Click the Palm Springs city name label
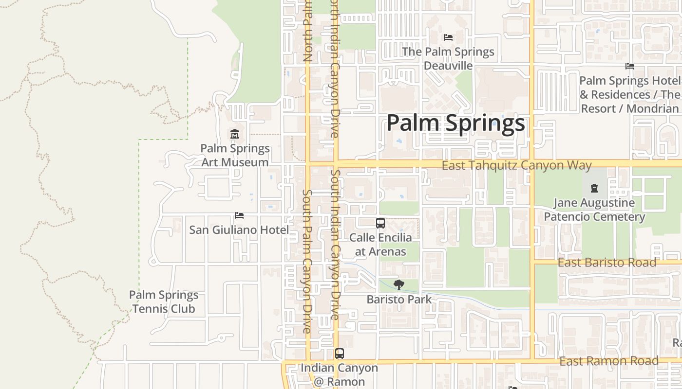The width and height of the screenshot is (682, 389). point(456,123)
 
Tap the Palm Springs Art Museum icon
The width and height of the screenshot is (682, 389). point(235,134)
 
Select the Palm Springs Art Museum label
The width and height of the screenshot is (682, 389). point(235,155)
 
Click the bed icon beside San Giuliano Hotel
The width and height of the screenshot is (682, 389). point(239,215)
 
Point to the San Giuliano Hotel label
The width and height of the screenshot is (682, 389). point(239,230)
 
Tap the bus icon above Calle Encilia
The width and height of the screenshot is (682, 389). point(380,223)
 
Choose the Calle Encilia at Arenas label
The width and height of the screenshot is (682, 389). point(380,245)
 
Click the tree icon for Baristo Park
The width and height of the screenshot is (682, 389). point(399,285)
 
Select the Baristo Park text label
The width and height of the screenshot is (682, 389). point(399,300)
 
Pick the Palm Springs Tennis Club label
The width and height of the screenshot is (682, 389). point(164,301)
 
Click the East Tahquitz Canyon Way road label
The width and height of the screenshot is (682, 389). point(516,165)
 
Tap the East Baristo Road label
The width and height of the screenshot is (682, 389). point(606,263)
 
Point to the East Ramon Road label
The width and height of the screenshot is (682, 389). point(609,361)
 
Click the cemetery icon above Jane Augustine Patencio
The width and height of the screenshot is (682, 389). point(594,188)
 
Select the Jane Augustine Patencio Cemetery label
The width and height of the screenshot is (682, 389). point(594,210)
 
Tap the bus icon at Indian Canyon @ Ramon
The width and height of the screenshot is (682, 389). point(340,354)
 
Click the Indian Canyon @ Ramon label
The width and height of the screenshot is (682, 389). point(339,374)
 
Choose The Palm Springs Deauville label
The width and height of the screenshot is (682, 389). point(448,58)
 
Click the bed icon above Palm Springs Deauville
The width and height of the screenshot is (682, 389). point(448,37)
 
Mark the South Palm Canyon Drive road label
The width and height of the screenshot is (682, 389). point(306,261)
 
